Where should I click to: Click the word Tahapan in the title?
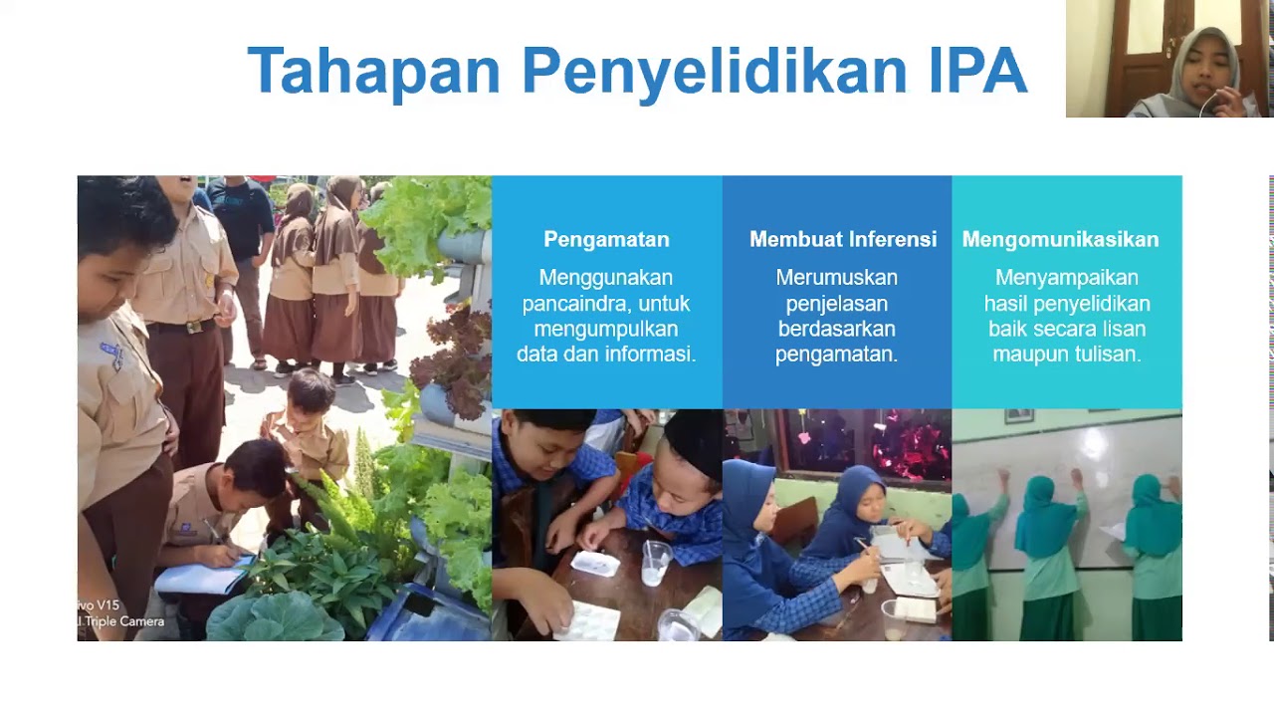[x=373, y=72]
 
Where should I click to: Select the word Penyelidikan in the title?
[x=715, y=72]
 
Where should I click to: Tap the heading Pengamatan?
[x=606, y=239]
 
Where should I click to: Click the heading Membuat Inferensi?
[x=842, y=239]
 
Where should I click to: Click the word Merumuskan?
[x=836, y=278]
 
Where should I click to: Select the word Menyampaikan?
[x=1066, y=278]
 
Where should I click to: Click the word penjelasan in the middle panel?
[x=836, y=303]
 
